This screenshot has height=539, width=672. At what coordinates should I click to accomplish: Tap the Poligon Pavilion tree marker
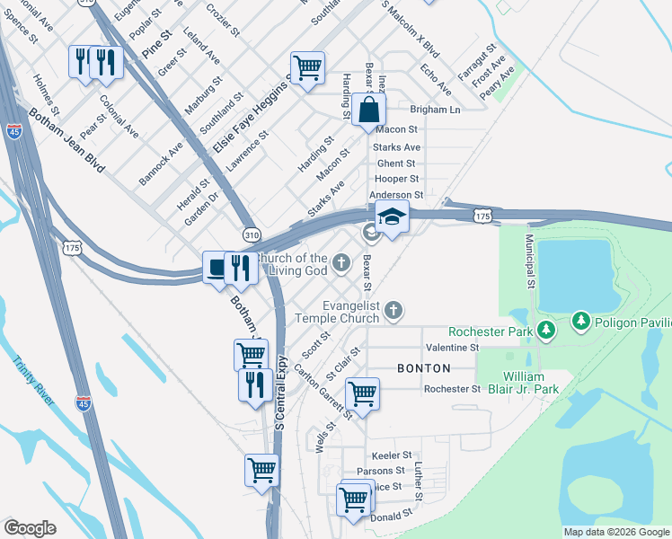(x=580, y=321)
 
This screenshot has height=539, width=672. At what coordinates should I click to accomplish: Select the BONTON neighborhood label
(x=424, y=368)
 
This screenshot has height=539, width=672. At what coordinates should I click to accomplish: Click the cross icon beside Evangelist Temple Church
(x=392, y=312)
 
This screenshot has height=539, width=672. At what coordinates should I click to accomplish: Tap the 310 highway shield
(x=251, y=234)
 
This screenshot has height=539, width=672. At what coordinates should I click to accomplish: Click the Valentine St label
(x=453, y=347)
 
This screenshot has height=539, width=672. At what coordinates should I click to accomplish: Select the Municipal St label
(x=530, y=261)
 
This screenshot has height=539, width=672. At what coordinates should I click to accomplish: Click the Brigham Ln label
(x=435, y=110)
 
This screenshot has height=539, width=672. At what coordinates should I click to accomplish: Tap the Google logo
(x=30, y=528)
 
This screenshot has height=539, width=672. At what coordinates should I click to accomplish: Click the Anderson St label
(x=396, y=194)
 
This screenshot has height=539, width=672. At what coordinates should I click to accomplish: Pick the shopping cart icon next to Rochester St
(x=362, y=393)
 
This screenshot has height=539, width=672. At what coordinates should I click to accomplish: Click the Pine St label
(x=156, y=44)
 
